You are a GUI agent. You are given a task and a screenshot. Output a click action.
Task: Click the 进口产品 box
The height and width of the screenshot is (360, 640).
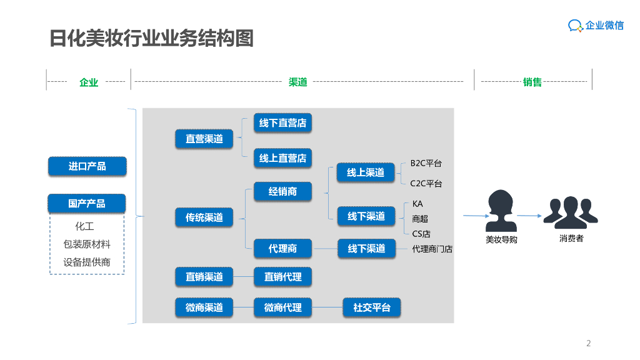point(87,166)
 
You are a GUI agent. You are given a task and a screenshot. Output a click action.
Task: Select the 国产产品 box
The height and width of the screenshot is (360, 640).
point(87,204)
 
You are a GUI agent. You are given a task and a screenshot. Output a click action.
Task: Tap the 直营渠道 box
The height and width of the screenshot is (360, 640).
point(204,139)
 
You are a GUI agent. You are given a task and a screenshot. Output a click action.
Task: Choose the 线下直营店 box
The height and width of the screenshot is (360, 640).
point(282,123)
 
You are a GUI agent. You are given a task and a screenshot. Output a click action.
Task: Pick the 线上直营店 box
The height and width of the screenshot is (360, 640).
point(282,158)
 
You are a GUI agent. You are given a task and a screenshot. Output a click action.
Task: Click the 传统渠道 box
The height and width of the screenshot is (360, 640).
point(204,217)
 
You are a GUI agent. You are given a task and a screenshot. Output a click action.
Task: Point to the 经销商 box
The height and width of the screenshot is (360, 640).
point(282,191)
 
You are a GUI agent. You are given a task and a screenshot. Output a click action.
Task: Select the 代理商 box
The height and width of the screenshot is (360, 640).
point(282,249)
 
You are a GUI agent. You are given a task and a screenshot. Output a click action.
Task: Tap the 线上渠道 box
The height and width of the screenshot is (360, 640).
point(366,172)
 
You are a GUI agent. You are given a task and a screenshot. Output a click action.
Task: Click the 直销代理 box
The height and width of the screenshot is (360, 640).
point(282,277)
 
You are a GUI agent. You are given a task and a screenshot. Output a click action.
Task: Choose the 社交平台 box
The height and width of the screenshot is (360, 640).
point(372,307)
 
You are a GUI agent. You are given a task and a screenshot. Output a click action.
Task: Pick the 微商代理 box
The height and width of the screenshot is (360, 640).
point(282,307)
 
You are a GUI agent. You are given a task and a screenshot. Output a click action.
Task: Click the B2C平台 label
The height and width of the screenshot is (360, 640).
point(426,164)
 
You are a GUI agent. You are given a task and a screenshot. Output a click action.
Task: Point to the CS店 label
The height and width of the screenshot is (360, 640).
point(421,234)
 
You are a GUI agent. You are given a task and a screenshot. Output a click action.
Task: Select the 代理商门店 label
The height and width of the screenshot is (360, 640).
point(432,249)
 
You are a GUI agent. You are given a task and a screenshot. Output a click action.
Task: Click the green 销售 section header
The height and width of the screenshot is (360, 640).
point(532,82)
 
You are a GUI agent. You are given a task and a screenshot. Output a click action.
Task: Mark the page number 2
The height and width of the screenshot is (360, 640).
point(588,343)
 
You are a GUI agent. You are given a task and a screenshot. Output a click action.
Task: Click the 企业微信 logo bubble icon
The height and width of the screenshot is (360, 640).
point(575,26)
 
